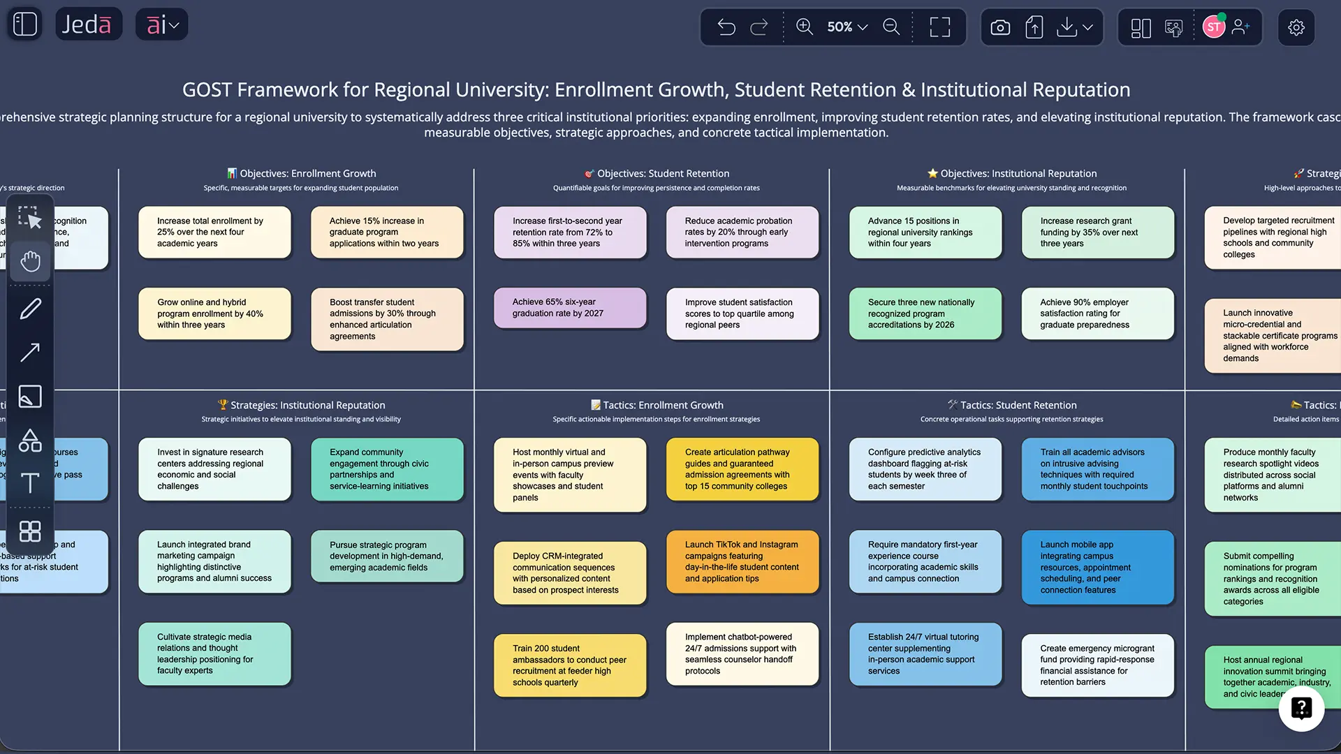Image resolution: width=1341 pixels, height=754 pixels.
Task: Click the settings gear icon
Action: tap(1296, 27)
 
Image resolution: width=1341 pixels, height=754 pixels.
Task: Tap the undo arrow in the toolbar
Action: tap(726, 27)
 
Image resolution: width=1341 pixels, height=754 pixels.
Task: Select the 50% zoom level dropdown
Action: tap(847, 27)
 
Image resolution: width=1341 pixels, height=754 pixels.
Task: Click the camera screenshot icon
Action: tap(1000, 27)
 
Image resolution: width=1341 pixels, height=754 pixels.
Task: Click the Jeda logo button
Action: tap(88, 24)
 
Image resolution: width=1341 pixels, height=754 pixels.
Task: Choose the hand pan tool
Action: tap(30, 262)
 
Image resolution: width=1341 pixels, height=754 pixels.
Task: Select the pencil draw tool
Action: tap(30, 309)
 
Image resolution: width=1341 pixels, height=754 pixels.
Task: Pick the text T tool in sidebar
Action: tap(30, 483)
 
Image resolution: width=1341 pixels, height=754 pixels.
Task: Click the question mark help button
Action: tap(1301, 708)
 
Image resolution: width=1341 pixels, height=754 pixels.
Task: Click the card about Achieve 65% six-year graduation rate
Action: tap(569, 308)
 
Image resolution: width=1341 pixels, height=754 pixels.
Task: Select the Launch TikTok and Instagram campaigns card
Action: tap(742, 561)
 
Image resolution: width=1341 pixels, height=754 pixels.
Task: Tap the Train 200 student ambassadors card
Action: tap(569, 665)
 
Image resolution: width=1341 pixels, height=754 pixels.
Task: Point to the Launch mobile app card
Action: tap(1097, 567)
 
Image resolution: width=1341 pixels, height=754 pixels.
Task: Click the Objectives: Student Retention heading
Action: tap(657, 173)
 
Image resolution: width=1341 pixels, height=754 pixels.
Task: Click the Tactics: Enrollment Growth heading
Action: tap(657, 405)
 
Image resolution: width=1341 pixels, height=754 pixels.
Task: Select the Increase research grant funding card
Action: tap(1097, 232)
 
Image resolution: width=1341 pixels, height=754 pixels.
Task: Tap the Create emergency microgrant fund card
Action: tap(1097, 665)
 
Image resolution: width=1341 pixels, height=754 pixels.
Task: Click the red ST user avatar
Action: tap(1213, 27)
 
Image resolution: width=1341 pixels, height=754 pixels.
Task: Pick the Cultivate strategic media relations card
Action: tap(214, 653)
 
